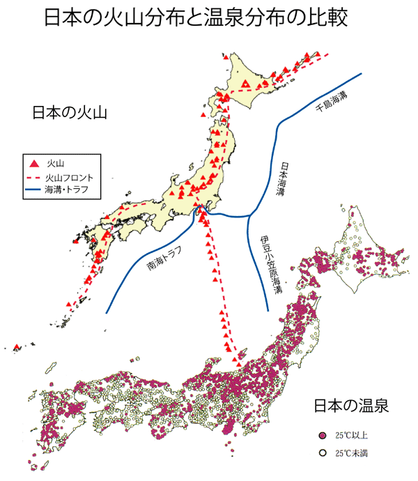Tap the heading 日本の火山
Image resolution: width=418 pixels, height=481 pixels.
click(x=69, y=113)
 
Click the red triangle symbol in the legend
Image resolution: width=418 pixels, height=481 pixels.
click(x=34, y=162)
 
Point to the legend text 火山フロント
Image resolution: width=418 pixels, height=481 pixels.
click(x=70, y=177)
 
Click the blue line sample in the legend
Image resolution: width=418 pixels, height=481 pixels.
click(x=33, y=190)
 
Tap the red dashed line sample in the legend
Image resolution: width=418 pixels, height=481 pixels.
click(x=33, y=177)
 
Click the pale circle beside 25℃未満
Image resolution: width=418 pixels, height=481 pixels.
click(x=321, y=452)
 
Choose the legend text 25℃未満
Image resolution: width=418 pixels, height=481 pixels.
click(x=349, y=452)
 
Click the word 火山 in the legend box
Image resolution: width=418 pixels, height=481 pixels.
click(x=55, y=162)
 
